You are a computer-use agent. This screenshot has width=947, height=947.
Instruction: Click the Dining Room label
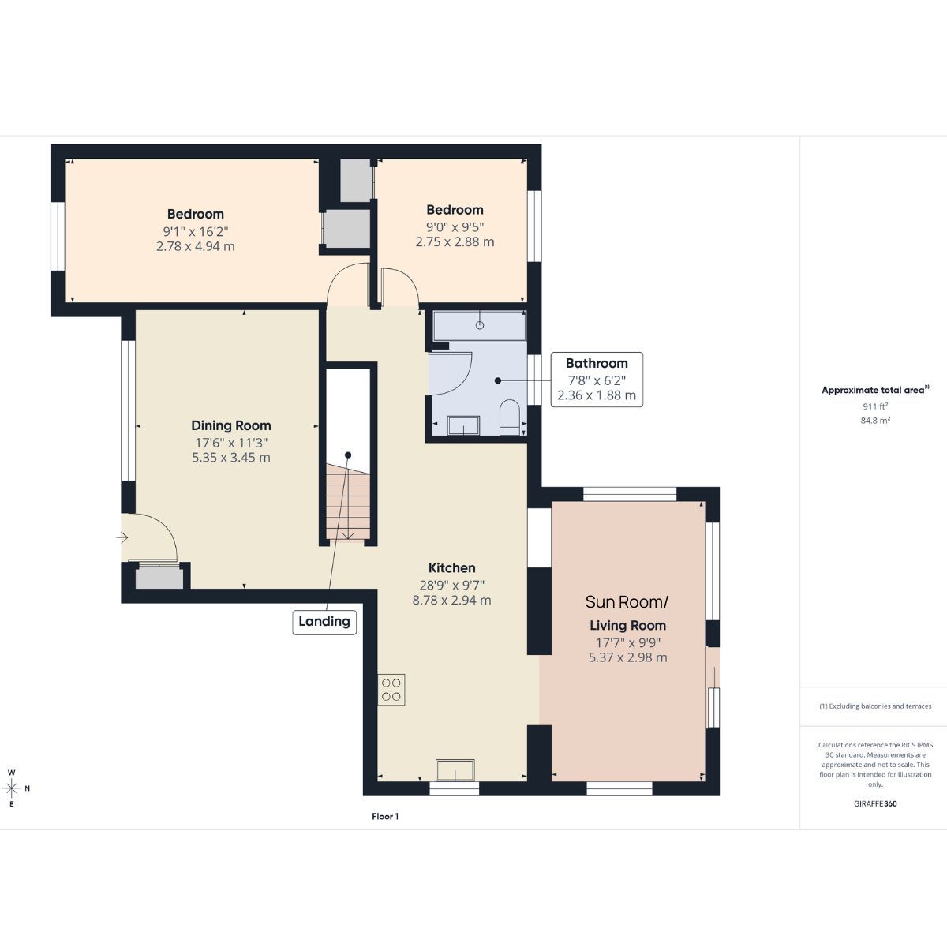click(x=231, y=425)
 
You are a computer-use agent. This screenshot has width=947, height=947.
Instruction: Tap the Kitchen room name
click(x=451, y=568)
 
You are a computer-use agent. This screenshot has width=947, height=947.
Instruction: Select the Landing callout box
click(x=324, y=622)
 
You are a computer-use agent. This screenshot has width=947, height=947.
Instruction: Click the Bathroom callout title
click(x=597, y=363)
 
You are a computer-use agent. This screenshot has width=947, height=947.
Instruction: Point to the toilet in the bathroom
click(x=510, y=417)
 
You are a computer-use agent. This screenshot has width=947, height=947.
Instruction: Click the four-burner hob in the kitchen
click(x=391, y=690)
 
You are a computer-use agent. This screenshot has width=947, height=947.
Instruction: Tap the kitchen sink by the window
click(x=455, y=770)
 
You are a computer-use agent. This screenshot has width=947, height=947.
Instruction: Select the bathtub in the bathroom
click(x=480, y=325)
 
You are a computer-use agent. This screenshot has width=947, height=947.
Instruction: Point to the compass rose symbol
click(x=12, y=788)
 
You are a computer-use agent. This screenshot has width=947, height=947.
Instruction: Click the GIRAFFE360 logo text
click(x=875, y=804)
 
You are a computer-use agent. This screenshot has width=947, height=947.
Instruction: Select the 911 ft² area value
click(x=875, y=406)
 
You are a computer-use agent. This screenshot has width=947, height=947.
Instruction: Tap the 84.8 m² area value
click(x=875, y=420)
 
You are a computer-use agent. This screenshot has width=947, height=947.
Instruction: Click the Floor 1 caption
click(x=385, y=816)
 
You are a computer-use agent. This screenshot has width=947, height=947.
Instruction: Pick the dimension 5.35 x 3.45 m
click(x=231, y=458)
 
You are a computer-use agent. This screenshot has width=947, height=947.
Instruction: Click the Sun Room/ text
click(x=627, y=602)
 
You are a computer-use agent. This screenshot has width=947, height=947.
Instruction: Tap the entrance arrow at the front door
click(x=122, y=537)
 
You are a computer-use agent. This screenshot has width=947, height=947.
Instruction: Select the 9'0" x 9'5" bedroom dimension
click(x=455, y=227)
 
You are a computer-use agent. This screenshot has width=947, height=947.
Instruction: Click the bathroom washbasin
click(x=463, y=425)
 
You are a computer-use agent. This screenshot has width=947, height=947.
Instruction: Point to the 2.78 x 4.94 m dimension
click(x=196, y=246)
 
